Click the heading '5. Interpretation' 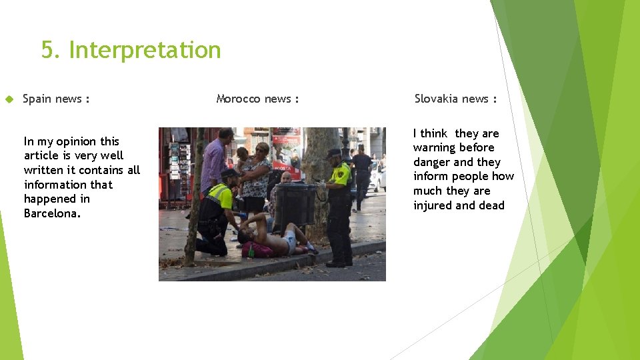[131, 50]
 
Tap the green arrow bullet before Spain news [9, 99]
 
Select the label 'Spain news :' [56, 99]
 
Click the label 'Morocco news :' [257, 99]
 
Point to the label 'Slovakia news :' [455, 99]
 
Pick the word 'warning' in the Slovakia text [435, 147]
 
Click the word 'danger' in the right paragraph [432, 162]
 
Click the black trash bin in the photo [295, 205]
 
